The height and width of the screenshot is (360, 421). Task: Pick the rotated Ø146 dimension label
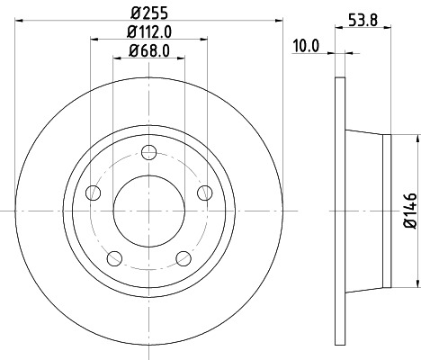pos(408,210)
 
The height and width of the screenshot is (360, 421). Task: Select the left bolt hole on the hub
pos(92,193)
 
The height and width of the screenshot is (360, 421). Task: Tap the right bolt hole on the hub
pos(204,192)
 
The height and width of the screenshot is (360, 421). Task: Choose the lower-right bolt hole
pos(184,259)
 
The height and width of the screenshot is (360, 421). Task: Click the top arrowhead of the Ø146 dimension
pos(417,139)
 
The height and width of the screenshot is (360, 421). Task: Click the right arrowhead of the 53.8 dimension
pos(389,27)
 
